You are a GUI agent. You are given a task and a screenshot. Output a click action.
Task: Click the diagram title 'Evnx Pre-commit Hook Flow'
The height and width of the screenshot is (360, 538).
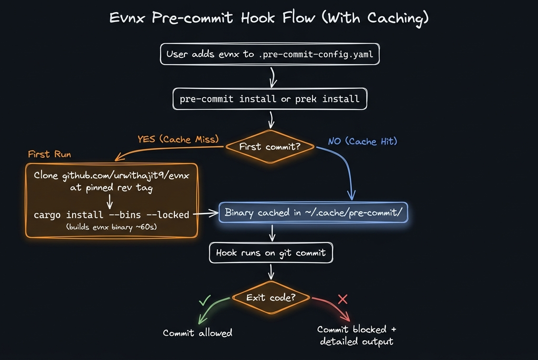(x=269, y=18)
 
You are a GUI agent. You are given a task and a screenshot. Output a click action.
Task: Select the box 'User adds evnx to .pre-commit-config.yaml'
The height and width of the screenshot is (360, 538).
(x=269, y=54)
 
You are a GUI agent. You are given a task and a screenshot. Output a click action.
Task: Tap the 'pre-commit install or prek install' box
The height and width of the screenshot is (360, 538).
(x=269, y=99)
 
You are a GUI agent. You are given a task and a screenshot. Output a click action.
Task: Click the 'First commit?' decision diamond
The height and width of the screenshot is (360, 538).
(x=270, y=147)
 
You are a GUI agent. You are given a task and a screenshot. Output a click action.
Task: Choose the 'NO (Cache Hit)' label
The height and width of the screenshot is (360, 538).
(x=363, y=142)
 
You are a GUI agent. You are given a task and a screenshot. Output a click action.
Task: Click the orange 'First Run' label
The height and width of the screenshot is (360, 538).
(x=49, y=154)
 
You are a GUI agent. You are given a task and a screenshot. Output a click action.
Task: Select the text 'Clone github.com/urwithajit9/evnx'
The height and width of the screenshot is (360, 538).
(x=111, y=175)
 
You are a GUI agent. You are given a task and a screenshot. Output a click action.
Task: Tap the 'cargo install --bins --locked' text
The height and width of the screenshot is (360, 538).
(x=111, y=215)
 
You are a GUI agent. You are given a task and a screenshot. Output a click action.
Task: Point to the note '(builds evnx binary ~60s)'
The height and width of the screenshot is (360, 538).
(x=111, y=227)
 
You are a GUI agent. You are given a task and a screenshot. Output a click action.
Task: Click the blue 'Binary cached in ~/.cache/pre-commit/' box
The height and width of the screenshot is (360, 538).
(x=313, y=213)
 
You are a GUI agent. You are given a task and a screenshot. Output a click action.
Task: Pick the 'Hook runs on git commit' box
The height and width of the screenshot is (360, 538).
(x=271, y=252)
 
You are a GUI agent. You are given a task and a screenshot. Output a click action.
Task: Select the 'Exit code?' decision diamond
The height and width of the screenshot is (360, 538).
(x=271, y=297)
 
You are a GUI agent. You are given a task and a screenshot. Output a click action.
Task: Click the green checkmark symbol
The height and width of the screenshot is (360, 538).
(x=204, y=300)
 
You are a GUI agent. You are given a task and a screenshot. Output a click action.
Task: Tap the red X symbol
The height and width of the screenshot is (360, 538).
(x=343, y=299)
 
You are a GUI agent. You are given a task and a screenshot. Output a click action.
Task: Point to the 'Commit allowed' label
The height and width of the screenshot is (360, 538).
(x=197, y=333)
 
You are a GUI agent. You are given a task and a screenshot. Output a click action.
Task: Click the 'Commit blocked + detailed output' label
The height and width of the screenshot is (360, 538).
(x=356, y=336)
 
